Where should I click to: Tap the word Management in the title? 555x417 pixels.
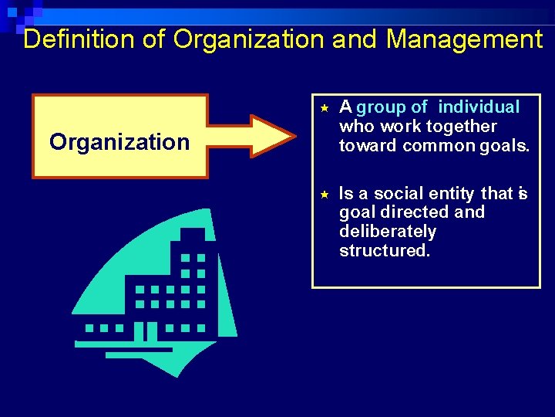click(464, 39)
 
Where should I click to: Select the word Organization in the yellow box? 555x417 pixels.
click(119, 142)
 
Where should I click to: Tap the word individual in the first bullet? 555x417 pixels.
click(479, 107)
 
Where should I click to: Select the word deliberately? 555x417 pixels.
click(388, 232)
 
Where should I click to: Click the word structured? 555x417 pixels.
click(384, 251)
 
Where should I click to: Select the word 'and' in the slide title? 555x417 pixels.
click(357, 39)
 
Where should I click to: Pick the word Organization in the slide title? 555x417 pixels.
click(250, 39)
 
